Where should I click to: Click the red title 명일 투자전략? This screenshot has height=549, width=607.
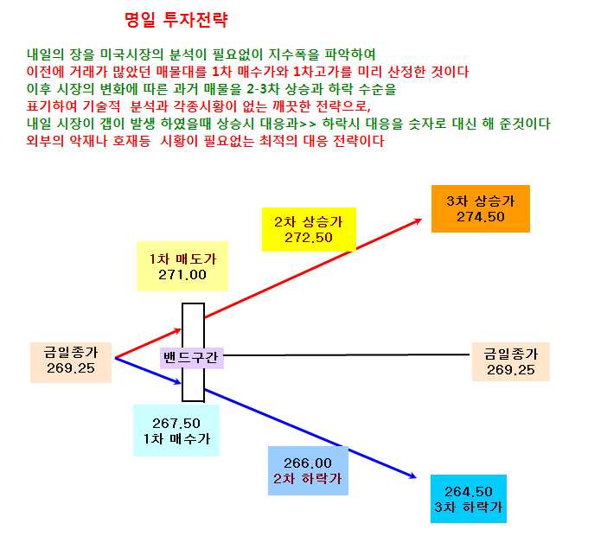[x=176, y=20]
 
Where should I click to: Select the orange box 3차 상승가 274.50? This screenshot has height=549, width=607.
[x=481, y=208]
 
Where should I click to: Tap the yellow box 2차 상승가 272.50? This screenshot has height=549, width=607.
[x=309, y=230]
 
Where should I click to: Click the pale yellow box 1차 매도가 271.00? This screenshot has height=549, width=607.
[x=182, y=266]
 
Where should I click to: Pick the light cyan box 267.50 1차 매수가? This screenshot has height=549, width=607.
[x=176, y=431]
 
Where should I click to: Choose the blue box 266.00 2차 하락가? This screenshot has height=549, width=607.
[x=308, y=471]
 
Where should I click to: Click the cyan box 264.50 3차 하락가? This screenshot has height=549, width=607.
[x=469, y=499]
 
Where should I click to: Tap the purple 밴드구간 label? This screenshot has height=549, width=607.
[x=192, y=358]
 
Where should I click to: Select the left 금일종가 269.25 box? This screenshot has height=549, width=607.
[x=71, y=362]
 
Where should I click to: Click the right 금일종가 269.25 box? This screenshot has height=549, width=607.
[x=511, y=361]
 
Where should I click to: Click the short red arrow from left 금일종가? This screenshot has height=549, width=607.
[x=148, y=343]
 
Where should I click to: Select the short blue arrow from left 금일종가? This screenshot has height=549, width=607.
[x=148, y=371]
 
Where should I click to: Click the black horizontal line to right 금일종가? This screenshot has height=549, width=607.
[x=347, y=354]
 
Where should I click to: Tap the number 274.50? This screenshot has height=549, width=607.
[x=481, y=217]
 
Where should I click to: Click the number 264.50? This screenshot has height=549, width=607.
[x=469, y=492]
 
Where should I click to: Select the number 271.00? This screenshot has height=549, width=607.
[x=182, y=275]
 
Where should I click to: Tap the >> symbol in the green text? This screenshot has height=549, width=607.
[x=308, y=124]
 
